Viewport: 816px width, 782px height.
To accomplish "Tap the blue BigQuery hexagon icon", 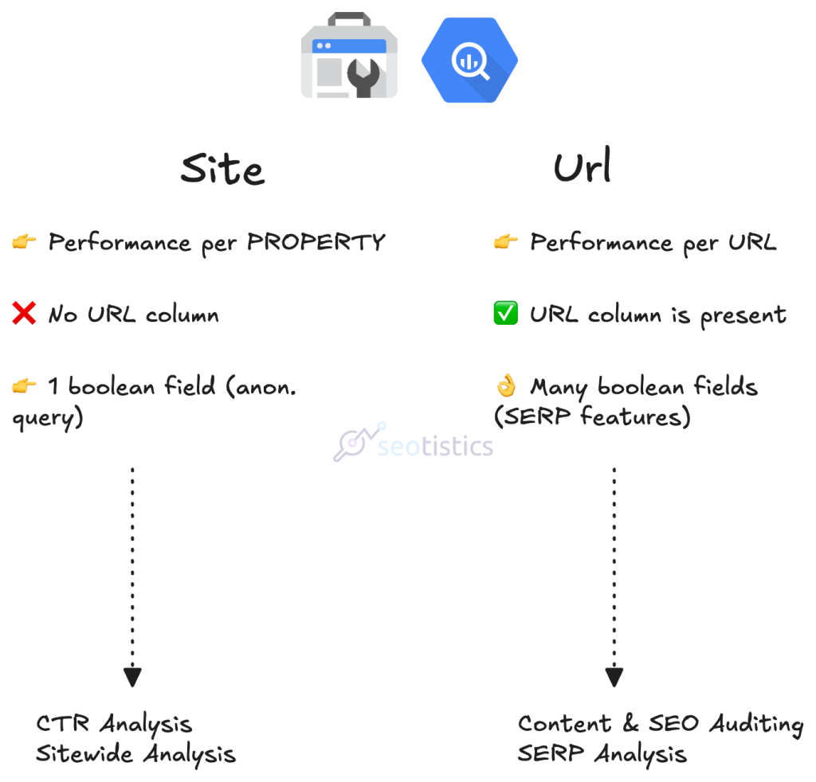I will [x=469, y=61].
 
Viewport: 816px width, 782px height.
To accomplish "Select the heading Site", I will [x=222, y=168].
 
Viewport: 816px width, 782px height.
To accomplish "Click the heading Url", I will [x=583, y=166].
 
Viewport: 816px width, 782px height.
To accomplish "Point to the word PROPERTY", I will [x=316, y=242].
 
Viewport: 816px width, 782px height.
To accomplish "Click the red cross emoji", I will [x=24, y=315].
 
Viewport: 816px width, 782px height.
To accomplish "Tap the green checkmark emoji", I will [x=505, y=315].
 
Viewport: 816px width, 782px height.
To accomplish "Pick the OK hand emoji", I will [x=506, y=387].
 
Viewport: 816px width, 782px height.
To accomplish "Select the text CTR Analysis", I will [x=114, y=724].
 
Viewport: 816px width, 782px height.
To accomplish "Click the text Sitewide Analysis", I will [x=135, y=753].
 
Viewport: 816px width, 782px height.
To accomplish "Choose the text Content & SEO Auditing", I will [x=660, y=724].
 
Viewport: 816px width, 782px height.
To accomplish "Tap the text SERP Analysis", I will [x=602, y=753].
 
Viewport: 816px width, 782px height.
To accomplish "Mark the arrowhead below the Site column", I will [x=132, y=677].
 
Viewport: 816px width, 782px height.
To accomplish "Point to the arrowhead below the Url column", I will [x=614, y=677].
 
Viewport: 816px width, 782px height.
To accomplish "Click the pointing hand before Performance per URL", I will [x=506, y=242].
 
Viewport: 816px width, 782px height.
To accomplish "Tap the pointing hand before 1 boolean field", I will [x=24, y=387].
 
